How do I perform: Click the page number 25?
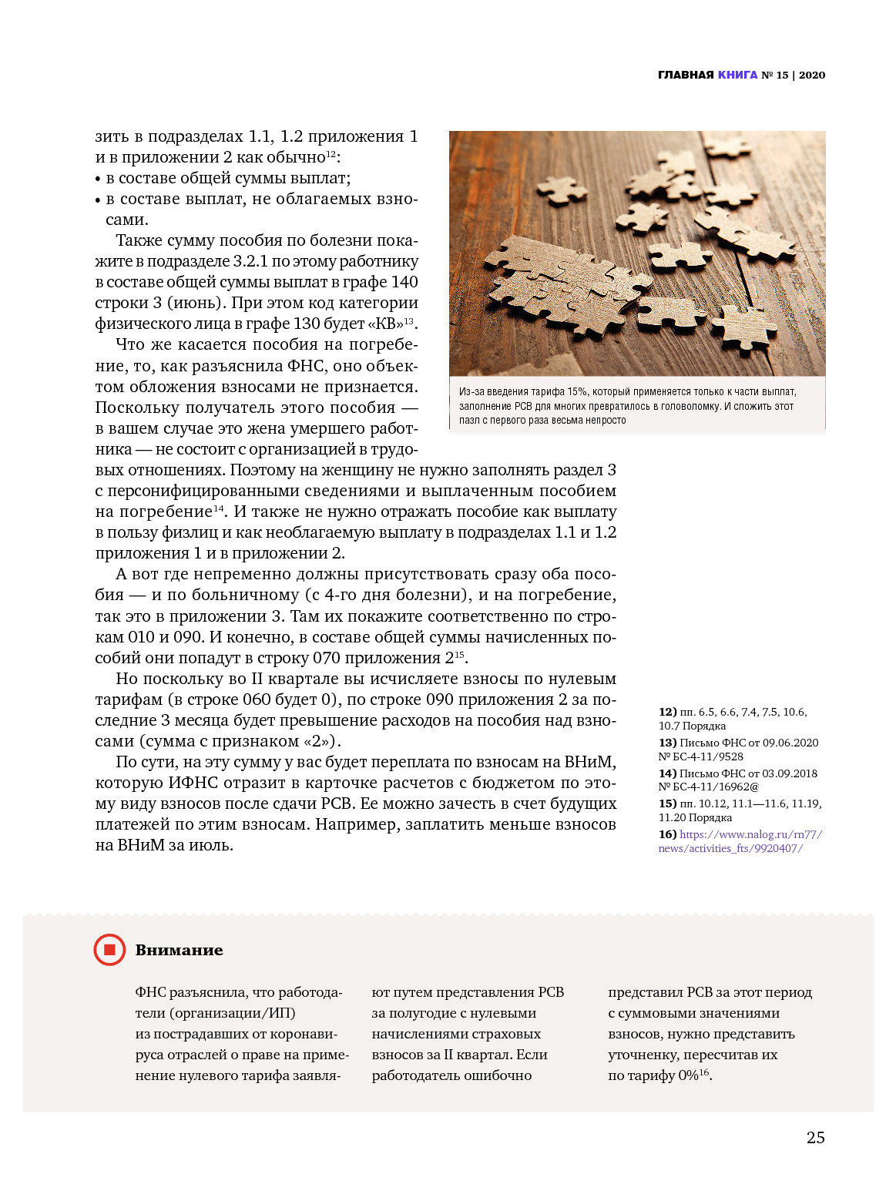tap(815, 1138)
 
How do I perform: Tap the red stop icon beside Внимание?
tap(109, 950)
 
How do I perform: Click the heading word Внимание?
tap(179, 951)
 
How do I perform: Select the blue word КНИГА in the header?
tap(737, 75)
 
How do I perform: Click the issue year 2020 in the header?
tap(812, 75)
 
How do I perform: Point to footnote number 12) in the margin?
tap(667, 712)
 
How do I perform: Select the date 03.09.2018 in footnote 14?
tap(790, 773)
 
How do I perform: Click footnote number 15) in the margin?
tap(667, 803)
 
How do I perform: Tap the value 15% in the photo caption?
tap(577, 392)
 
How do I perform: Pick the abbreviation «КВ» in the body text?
tap(385, 324)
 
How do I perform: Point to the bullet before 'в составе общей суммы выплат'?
tap(98, 179)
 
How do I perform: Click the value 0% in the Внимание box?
tap(688, 1075)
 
